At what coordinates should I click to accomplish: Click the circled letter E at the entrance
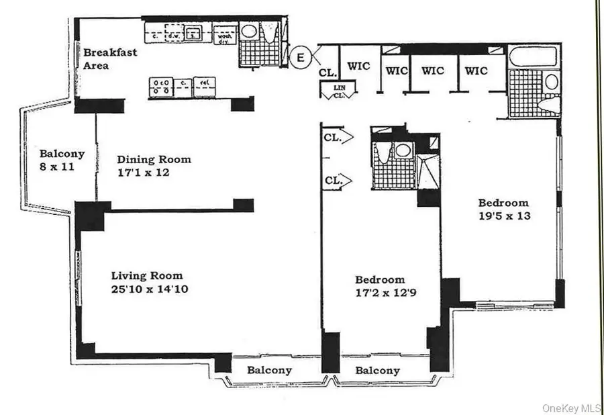(301, 58)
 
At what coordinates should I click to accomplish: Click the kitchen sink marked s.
(195, 32)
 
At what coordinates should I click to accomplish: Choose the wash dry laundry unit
(221, 34)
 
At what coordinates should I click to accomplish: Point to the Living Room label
(146, 276)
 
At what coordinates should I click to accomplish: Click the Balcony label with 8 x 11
(61, 159)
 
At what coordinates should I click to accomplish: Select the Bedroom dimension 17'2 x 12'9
(380, 293)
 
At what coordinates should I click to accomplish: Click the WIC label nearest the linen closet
(358, 66)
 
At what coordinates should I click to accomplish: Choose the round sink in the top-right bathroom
(551, 82)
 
